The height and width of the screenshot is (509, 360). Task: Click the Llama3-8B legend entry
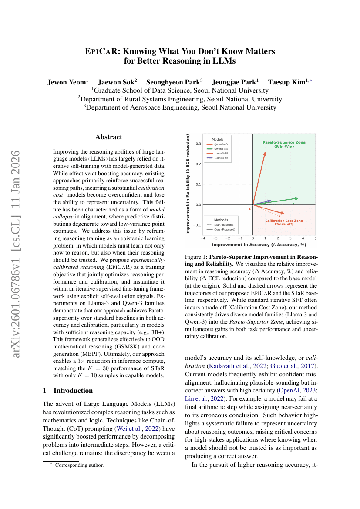pos(220,158)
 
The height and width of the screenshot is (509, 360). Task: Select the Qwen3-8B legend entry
pos(220,148)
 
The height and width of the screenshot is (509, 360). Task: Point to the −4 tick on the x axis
pos(203,238)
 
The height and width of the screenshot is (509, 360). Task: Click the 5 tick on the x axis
pos(315,238)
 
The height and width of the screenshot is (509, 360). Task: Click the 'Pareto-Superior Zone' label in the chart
pos(284,142)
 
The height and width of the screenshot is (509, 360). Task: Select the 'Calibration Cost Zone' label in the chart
pos(284,221)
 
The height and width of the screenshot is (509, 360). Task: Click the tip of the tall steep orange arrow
pos(265,152)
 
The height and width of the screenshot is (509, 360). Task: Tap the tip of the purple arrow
pos(271,201)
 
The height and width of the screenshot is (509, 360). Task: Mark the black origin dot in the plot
pos(253,204)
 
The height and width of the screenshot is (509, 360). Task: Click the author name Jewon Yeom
pos(67,82)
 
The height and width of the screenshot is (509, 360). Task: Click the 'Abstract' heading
pos(109,137)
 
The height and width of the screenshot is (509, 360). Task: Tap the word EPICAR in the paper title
pos(101,51)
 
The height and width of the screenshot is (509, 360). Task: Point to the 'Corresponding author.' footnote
pos(79,465)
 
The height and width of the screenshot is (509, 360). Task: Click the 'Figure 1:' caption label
pos(197,258)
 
